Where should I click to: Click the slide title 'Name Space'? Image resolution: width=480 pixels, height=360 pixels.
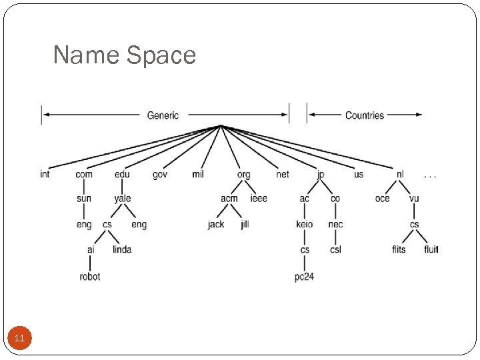pos(124,55)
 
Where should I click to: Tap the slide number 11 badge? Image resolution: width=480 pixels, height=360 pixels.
pos(19,339)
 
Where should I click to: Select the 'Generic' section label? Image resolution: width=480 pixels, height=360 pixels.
pos(163,115)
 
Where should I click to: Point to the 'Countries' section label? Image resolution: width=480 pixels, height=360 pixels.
pos(364,115)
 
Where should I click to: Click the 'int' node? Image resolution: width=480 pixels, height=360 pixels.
pos(45,175)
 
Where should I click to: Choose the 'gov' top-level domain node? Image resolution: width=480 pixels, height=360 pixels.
pos(160,175)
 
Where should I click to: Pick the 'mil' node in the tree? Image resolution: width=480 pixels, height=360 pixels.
pos(198,175)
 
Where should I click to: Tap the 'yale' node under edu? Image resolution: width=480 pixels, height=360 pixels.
pos(123,199)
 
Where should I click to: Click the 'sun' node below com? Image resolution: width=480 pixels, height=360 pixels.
pos(84,199)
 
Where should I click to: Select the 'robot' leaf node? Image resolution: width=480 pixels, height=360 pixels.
pos(90,276)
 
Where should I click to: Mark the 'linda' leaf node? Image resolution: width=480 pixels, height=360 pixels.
pos(122,250)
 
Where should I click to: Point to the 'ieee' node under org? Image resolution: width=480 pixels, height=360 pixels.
pos(259,199)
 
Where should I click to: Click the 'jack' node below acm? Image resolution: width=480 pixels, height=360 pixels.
pos(216,225)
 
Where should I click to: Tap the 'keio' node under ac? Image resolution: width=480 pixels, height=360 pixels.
pos(304,225)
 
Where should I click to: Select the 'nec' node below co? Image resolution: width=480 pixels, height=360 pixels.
pos(335,225)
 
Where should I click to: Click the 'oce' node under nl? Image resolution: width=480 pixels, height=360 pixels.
pos(382,199)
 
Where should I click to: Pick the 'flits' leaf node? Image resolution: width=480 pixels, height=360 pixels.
pos(399,250)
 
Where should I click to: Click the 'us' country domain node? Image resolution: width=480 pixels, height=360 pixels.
pos(359,175)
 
